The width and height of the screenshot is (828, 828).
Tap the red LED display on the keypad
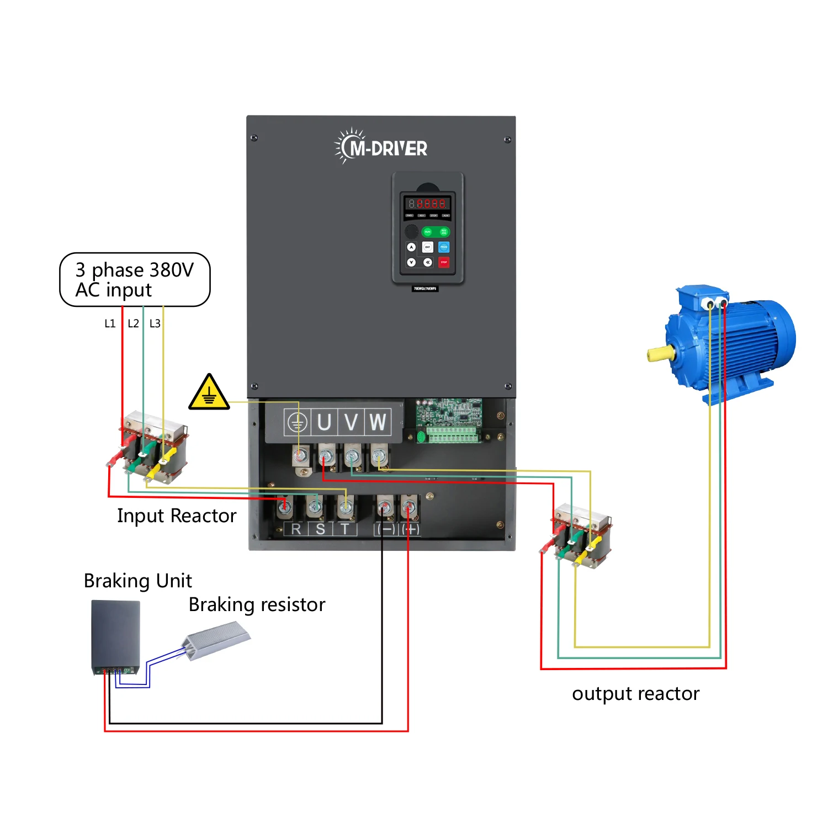pos(428,204)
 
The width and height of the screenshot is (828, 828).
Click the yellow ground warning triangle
pos(209,393)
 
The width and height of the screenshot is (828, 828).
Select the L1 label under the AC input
pos(110,323)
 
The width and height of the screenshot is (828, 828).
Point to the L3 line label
pos(155,323)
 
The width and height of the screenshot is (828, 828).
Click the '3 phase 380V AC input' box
pos(135,279)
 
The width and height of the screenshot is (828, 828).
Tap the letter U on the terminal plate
pos(324,422)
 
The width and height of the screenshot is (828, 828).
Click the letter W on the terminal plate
pos(378,422)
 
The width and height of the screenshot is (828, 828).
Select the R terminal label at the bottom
pos(296,529)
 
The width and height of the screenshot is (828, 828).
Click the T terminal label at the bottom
pos(345,529)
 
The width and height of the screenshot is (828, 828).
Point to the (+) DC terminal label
pos(411,529)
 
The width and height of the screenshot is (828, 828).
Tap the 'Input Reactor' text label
pos(177,516)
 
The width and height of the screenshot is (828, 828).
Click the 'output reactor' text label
pos(635,693)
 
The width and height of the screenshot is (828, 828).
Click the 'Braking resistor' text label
pos(257,604)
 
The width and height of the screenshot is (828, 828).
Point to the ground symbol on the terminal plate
pos(297,423)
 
